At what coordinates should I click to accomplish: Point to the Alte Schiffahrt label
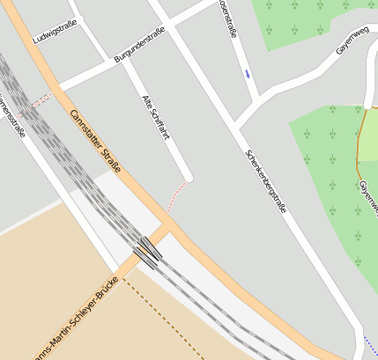[x=155, y=118]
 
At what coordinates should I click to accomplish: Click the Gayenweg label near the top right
[x=356, y=40]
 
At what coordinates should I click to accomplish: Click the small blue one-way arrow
[x=248, y=73]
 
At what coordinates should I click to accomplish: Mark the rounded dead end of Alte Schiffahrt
[x=187, y=177]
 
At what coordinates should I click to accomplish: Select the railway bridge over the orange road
[x=148, y=251]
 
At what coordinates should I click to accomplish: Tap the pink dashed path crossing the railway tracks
[x=39, y=101]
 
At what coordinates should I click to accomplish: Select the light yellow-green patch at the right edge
[x=368, y=123]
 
